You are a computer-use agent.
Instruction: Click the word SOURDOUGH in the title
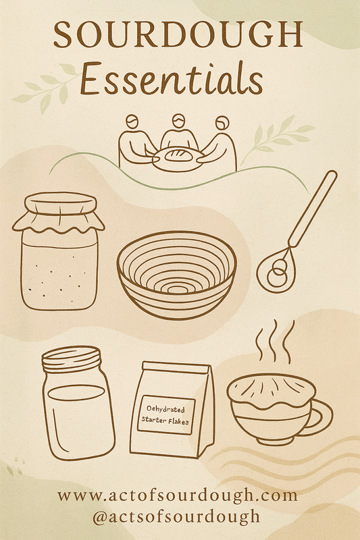point(178,34)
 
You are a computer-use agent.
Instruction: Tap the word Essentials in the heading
point(171,79)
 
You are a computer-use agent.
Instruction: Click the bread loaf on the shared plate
point(178,155)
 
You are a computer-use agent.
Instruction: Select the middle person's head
point(178,122)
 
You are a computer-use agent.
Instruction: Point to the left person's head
point(132,122)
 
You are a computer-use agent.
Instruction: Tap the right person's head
point(222,123)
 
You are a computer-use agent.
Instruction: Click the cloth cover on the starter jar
point(59,213)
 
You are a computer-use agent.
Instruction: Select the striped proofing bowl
point(177,275)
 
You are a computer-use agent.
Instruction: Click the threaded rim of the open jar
point(72,359)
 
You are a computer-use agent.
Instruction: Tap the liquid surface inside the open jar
point(76,393)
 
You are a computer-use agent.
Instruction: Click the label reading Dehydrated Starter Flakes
point(166,414)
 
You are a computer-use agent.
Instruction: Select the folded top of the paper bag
point(176,368)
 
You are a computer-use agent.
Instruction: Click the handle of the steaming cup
point(321,417)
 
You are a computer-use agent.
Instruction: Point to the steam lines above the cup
point(275,342)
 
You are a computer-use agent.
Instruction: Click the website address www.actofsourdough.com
point(178,495)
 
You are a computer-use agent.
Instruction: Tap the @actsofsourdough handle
point(176,516)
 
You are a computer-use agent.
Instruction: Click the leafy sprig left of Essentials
point(47,88)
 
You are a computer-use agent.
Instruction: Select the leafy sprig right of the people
point(278,138)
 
